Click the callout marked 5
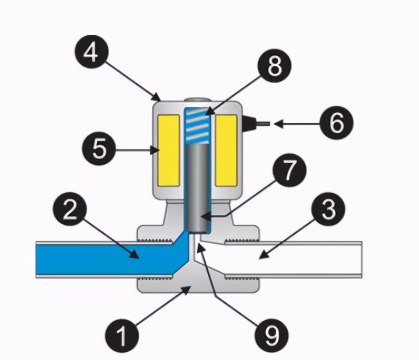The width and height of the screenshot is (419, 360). click(99, 149)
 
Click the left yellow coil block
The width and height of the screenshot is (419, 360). click(169, 149)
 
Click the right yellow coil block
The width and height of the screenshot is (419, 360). click(226, 149)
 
